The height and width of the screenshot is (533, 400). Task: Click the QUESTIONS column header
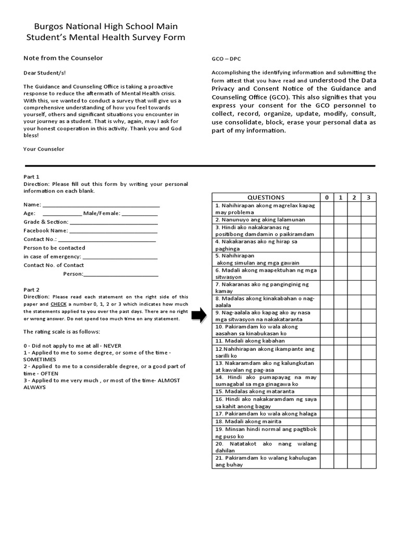[266, 197]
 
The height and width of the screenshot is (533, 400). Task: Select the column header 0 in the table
[327, 197]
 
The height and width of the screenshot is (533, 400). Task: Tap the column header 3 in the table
[368, 197]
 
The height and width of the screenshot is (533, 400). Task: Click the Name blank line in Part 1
[101, 205]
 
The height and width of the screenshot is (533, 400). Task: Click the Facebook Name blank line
[113, 231]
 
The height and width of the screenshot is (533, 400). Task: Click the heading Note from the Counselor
[63, 58]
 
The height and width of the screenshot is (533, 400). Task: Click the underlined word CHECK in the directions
[58, 303]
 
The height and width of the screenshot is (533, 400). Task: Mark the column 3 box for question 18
[368, 421]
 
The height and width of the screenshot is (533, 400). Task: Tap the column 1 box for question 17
[341, 413]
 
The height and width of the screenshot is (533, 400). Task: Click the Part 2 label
[31, 289]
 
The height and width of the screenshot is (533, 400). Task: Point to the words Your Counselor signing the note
[44, 149]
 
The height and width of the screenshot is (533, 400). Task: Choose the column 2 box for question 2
[354, 220]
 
